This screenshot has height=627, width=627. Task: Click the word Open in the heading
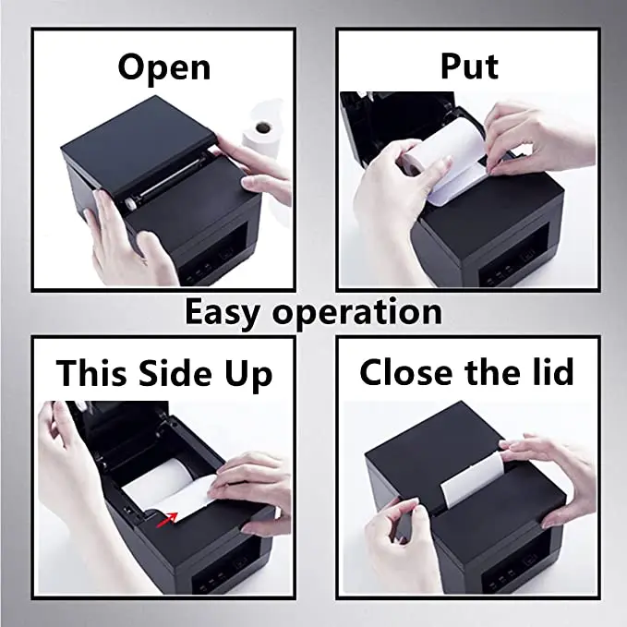(x=164, y=66)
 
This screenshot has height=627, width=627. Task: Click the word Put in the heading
(x=468, y=66)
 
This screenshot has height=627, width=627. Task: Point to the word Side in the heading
(x=176, y=373)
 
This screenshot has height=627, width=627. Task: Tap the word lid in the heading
(x=550, y=372)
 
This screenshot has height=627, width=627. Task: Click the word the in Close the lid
(x=489, y=372)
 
